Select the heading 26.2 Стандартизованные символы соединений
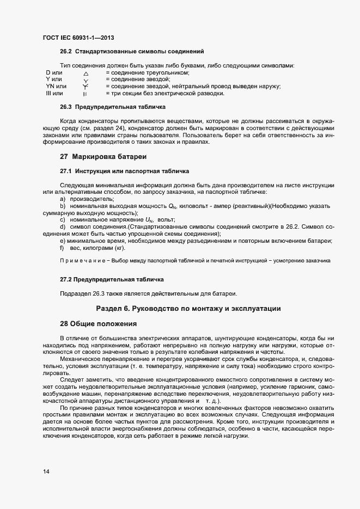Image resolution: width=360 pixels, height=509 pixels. pos(132,52)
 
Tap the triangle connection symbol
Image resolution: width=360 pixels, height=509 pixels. pos(86,73)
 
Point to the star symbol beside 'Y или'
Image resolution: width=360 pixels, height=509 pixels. pos(86,80)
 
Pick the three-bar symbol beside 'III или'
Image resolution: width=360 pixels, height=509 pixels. pos(85,94)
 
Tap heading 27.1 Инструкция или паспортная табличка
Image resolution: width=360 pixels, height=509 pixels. pos(124,171)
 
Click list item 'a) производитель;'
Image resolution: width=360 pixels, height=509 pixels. pos(83,199)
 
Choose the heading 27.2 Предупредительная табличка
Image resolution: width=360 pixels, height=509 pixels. pos(112,279)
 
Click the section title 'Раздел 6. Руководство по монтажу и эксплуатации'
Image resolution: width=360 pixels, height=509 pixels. pos(188,309)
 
